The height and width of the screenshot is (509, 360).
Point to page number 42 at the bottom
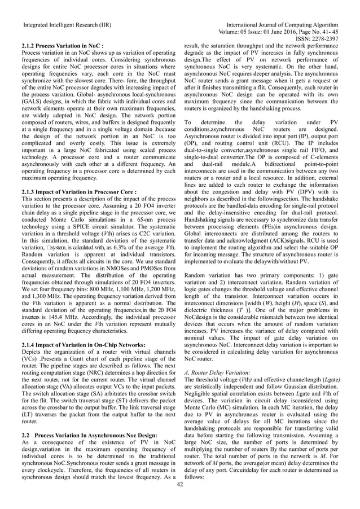[179, 484]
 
